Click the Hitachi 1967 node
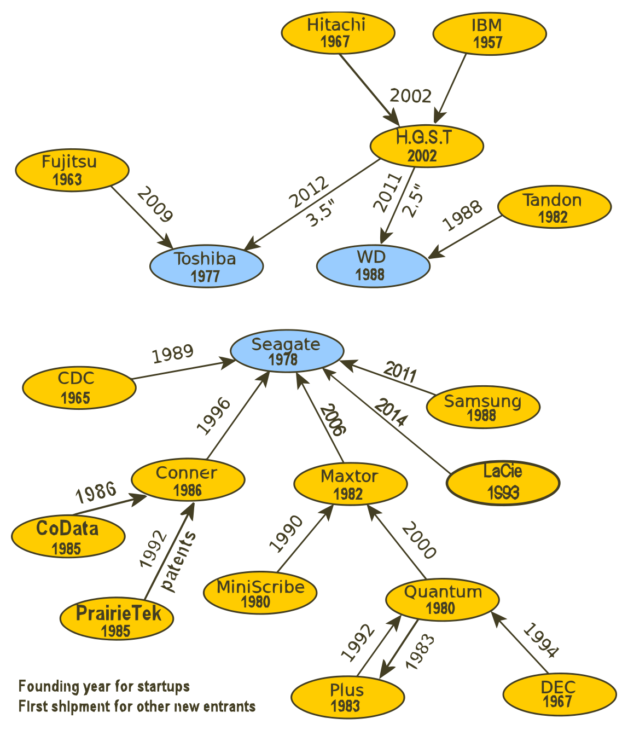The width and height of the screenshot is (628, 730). coord(338,33)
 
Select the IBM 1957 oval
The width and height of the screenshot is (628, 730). coord(489,33)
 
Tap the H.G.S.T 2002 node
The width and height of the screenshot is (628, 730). coord(426,146)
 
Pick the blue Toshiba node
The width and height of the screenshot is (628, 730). coord(206,266)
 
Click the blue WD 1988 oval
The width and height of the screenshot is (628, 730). coord(373,266)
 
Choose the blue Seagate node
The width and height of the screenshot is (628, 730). coord(287,351)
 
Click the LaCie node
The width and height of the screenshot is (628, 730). coord(503,483)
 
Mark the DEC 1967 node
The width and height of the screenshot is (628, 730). coord(559,695)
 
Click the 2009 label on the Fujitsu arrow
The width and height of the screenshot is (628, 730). coord(155,205)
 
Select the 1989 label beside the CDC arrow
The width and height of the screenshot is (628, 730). coord(172,354)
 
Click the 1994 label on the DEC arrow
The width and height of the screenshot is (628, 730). coord(540,641)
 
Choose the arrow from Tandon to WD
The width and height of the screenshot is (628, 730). coord(465,237)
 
